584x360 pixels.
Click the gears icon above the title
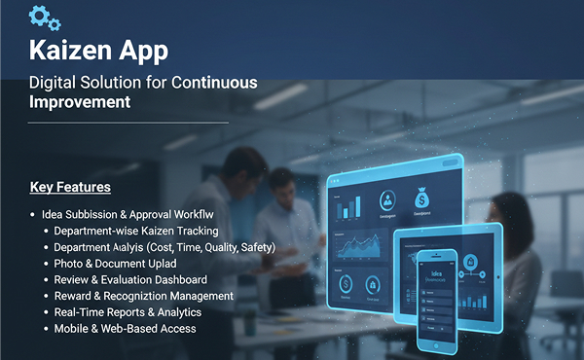[45, 18]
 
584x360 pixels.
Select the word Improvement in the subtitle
[80, 101]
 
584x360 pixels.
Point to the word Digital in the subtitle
[55, 83]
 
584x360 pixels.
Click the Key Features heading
[70, 187]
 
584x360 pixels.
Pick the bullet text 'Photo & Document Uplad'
[115, 264]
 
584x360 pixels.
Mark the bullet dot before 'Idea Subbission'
[33, 214]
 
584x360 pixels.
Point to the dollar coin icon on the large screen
[346, 284]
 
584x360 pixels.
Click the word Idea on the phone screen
[435, 274]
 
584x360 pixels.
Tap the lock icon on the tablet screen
[472, 261]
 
